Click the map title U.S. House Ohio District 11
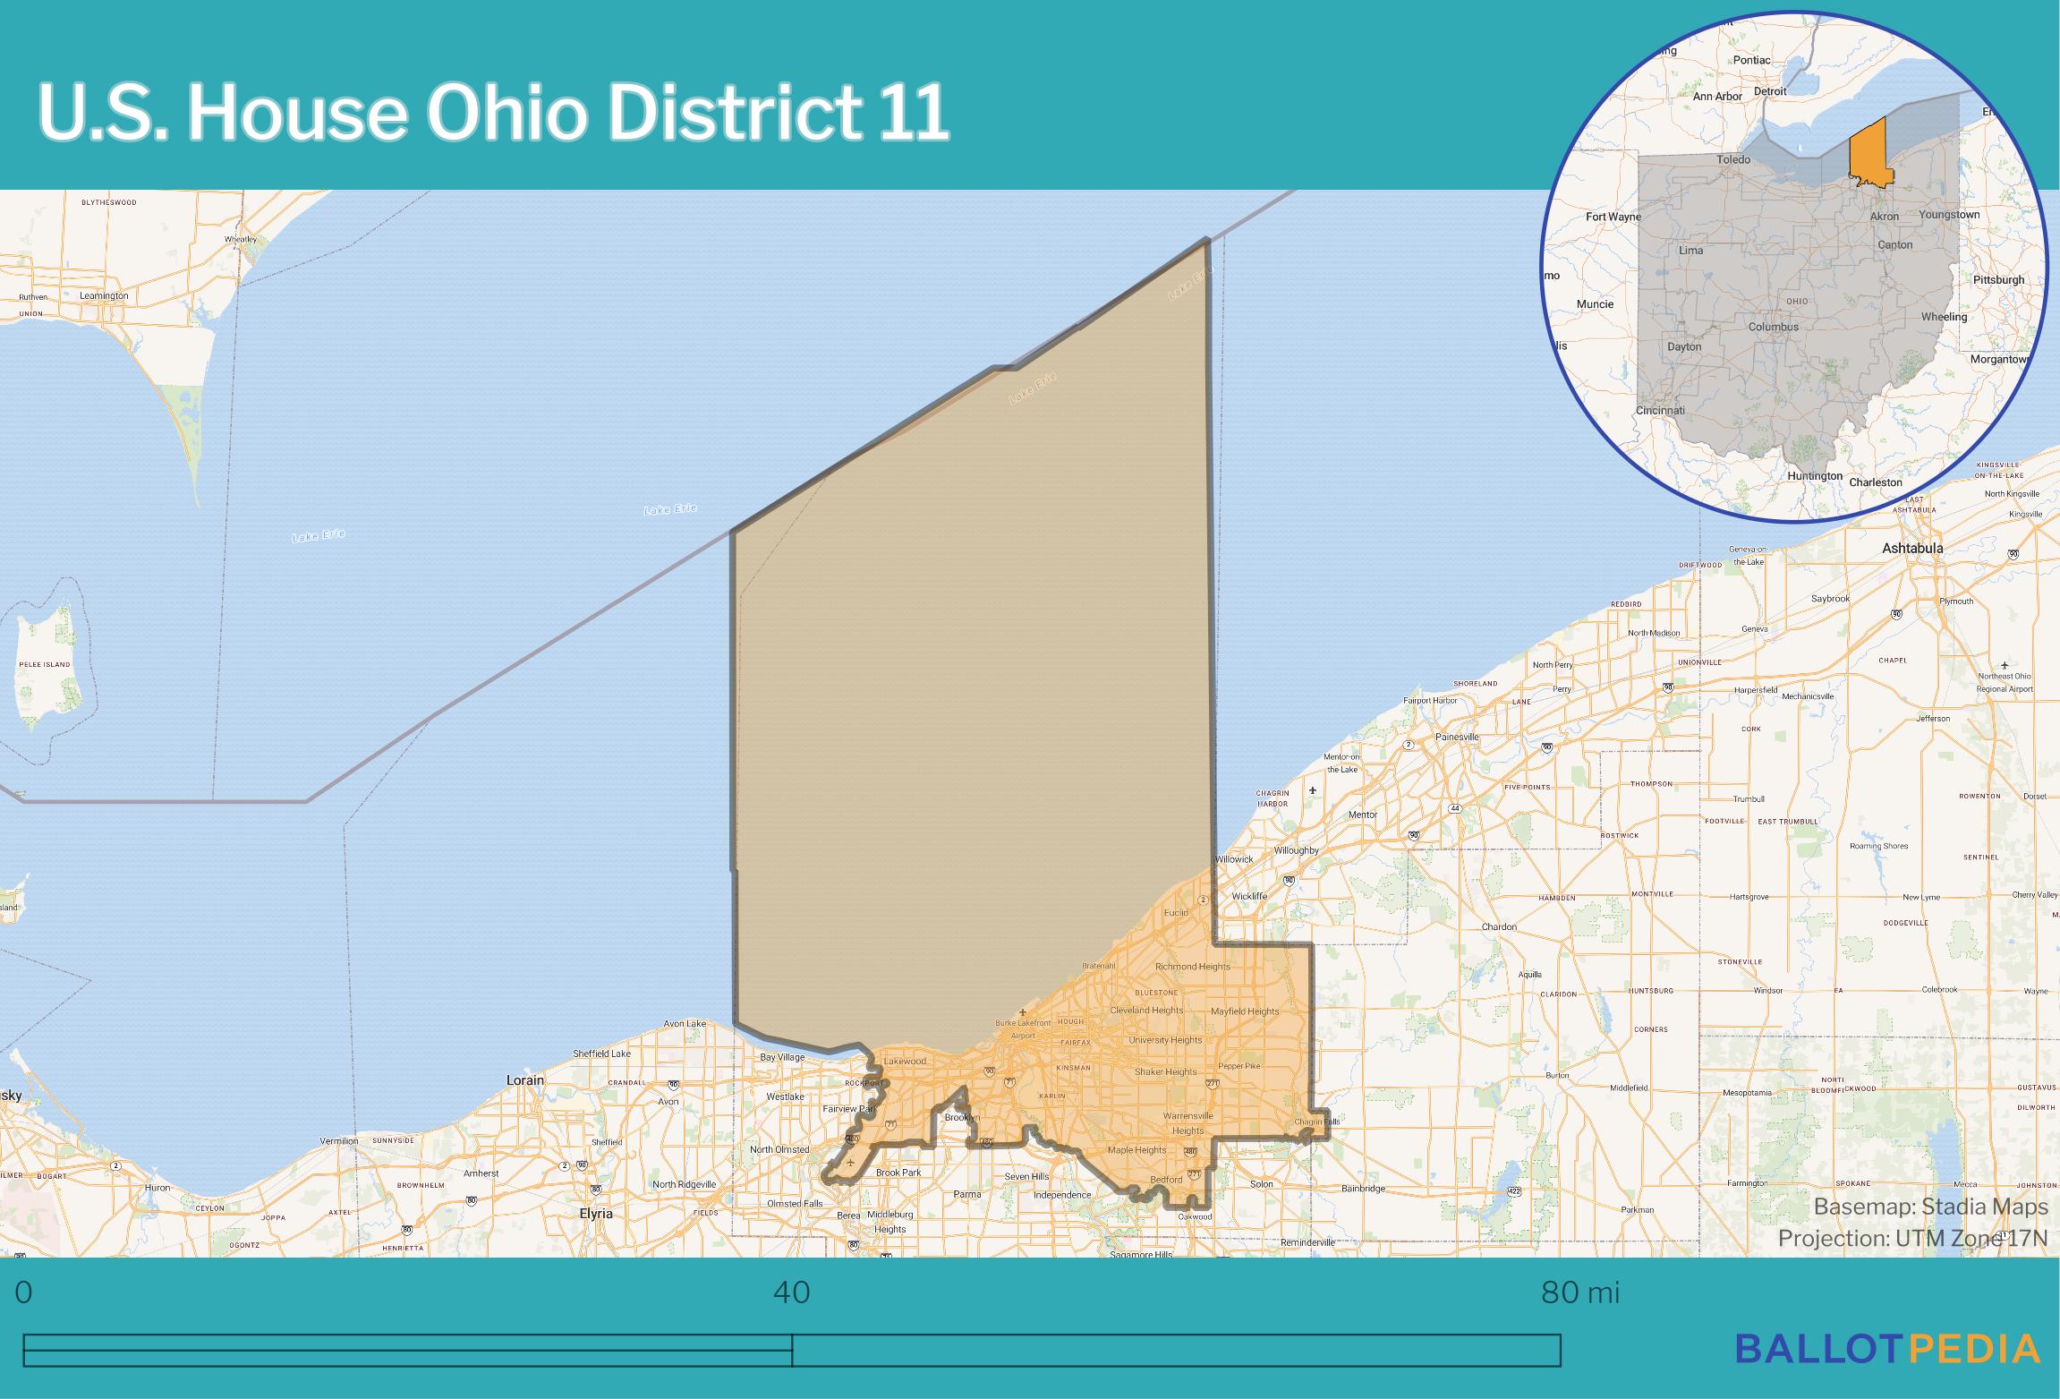coord(492,114)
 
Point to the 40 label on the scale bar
coord(791,1292)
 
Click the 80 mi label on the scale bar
coord(1580,1292)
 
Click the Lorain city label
coord(525,1080)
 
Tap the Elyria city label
coord(596,1214)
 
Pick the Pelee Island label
coord(44,664)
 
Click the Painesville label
coord(1457,737)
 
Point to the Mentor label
coord(1363,815)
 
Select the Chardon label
coord(1499,926)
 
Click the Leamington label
coord(104,295)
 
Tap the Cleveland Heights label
coord(1146,1010)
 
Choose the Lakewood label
coord(905,1062)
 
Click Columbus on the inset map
coord(1773,327)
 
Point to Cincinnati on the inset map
coord(1660,411)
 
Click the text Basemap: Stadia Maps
coord(1930,1207)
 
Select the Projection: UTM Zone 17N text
coord(1911,1238)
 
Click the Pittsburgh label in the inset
coord(1998,280)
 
